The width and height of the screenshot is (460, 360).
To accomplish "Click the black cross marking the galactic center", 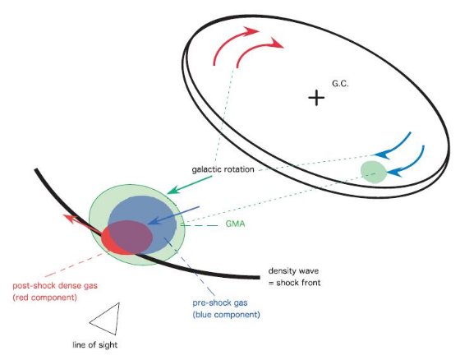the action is pos(316,98).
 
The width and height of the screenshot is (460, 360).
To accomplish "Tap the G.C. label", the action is pos(340,84).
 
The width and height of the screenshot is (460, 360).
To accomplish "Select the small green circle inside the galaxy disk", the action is pos(374,172).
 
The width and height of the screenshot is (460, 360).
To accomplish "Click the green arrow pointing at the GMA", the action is pos(189,185).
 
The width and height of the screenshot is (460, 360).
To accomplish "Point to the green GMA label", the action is pos(235,224).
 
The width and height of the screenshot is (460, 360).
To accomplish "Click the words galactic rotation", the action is pos(223,169).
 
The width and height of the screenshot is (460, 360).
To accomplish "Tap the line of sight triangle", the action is pos(107,319).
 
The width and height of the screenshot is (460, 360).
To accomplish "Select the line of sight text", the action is pos(95,344).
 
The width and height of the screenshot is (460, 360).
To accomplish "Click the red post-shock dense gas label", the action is pos(55,285).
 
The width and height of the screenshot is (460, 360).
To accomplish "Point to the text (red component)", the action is pos(45,298).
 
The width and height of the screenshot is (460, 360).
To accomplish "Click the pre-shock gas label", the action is pos(220,302).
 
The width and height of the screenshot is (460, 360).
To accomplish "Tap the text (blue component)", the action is pos(226,315).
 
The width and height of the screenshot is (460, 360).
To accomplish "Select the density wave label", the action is pos(293,270).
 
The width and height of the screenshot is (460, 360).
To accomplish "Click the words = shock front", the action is pos(295,283).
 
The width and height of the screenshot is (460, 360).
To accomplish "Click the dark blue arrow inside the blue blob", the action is pos(173,215).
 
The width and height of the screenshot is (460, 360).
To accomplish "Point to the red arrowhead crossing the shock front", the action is pos(70,219).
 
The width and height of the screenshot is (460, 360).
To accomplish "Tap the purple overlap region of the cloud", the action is pos(131,237).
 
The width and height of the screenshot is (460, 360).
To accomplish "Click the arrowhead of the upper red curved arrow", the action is pos(252,30).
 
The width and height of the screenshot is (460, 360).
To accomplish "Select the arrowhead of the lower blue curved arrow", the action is pos(393,173).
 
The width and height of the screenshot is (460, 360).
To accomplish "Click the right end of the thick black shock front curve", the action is pos(260,278).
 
